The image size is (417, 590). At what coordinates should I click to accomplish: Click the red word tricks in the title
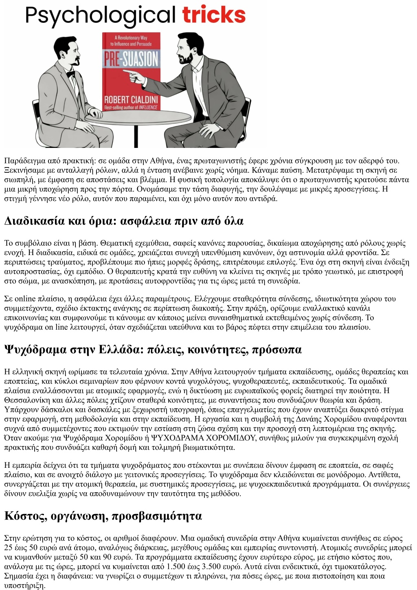(214, 15)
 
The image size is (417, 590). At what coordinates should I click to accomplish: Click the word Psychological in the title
(100, 16)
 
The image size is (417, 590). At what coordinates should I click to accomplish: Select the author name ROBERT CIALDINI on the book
(131, 99)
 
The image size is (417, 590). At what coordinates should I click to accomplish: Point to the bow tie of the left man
(71, 74)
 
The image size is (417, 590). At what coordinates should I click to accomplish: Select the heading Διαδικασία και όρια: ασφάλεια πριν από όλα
(124, 221)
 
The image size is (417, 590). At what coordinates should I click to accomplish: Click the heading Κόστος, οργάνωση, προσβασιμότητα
(103, 516)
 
